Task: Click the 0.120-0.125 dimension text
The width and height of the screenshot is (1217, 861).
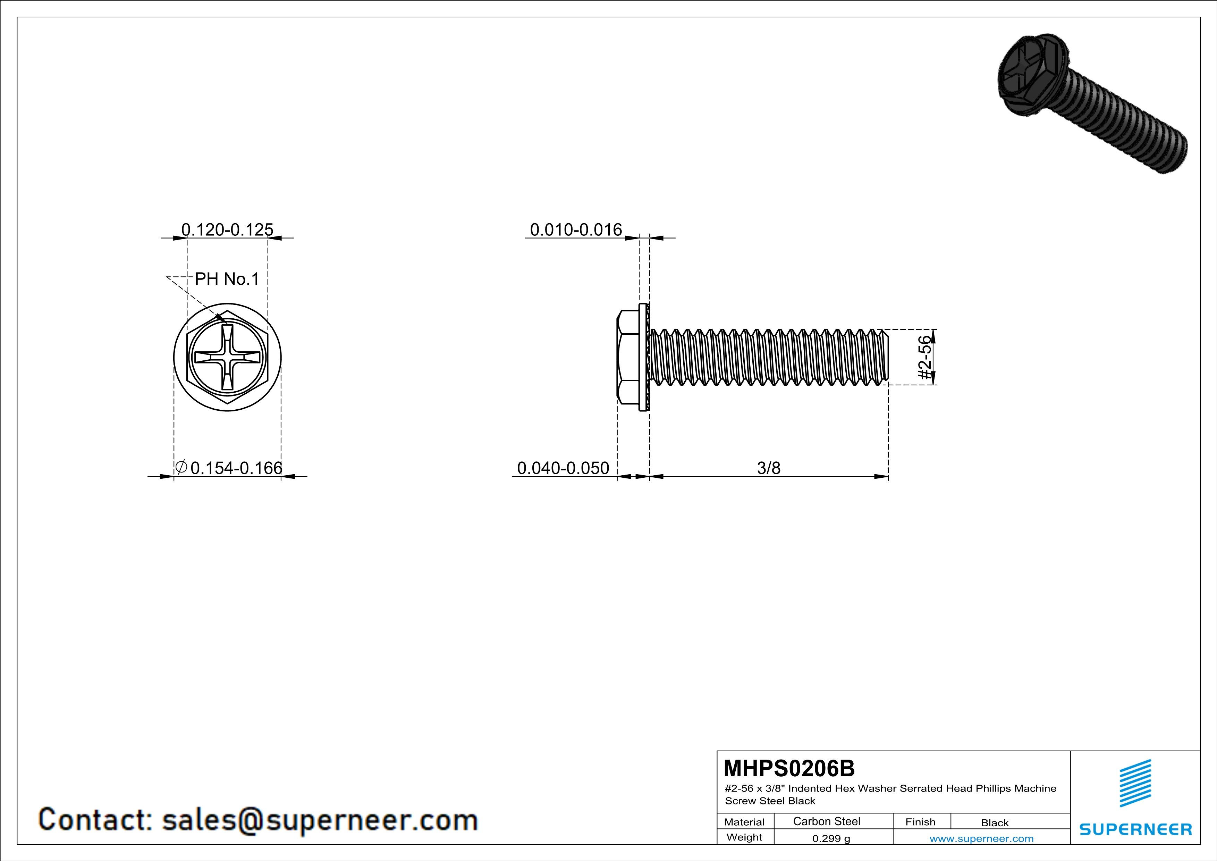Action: coord(227,229)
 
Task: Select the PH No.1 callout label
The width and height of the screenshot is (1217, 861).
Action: coord(227,279)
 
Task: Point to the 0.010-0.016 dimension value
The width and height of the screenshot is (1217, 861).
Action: coord(576,229)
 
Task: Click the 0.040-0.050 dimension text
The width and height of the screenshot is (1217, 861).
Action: coord(563,468)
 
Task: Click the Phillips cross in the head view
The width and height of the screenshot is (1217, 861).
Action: coord(227,357)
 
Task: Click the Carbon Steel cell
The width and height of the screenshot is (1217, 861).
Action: coord(826,821)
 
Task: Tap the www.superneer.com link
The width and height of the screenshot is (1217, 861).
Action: coord(981,838)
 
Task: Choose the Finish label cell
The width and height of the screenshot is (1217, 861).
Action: coord(920,822)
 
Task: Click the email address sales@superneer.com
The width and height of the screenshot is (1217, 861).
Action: coord(320,820)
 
